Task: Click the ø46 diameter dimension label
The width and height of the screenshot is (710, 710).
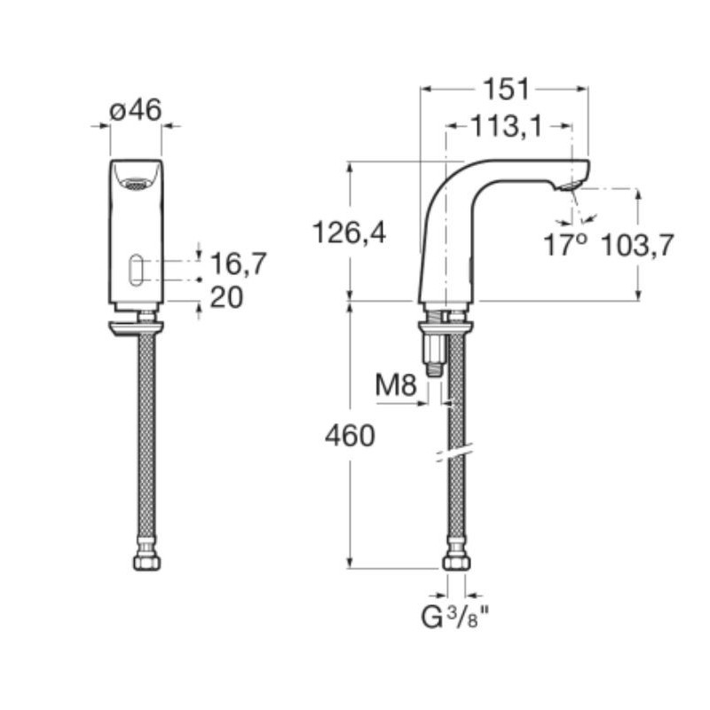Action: click(136, 110)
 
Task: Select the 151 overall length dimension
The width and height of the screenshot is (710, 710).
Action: click(507, 89)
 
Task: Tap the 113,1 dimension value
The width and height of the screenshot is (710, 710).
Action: click(506, 126)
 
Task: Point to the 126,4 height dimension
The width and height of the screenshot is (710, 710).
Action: click(350, 233)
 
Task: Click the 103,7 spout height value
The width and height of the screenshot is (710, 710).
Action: click(637, 245)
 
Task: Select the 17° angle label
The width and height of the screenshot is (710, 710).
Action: click(565, 245)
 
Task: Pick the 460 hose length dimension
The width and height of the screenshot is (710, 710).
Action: click(350, 436)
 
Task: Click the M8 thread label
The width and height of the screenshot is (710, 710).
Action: click(395, 386)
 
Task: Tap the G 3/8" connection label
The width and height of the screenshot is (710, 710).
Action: click(455, 616)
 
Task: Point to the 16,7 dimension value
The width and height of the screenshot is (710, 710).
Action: click(239, 264)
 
